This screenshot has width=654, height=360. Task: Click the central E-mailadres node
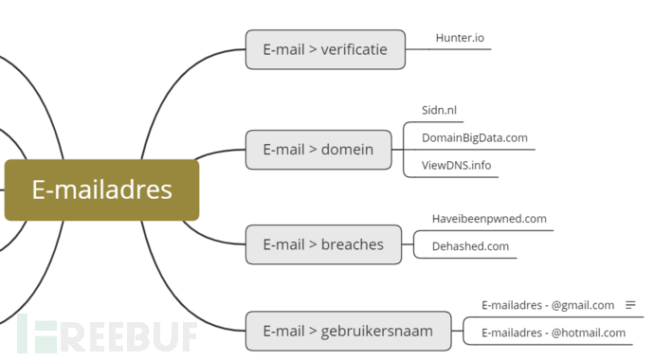pos(101,189)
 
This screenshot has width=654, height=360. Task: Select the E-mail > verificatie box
pos(324,49)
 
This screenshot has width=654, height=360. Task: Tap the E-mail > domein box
pos(318,149)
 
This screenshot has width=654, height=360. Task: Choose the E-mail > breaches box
pos(322,244)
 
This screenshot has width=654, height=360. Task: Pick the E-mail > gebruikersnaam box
pos(347,331)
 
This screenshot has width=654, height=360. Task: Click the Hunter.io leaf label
pos(460,38)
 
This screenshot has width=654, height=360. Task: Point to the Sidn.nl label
pos(439,110)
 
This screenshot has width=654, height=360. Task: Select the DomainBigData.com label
pos(474,137)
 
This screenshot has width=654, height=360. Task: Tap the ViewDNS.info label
pos(456,165)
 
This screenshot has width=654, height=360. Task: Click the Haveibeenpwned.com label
pos(489,219)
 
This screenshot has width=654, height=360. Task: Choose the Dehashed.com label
pos(470,246)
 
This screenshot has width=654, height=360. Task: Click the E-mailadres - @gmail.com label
pos(548,305)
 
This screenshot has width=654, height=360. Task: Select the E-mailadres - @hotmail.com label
pos(554,333)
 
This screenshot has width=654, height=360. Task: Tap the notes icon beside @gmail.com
pos(630,305)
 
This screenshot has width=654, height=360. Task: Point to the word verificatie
pos(354,49)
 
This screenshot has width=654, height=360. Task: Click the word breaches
pos(352,244)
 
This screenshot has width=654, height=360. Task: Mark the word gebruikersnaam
pos(376,331)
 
